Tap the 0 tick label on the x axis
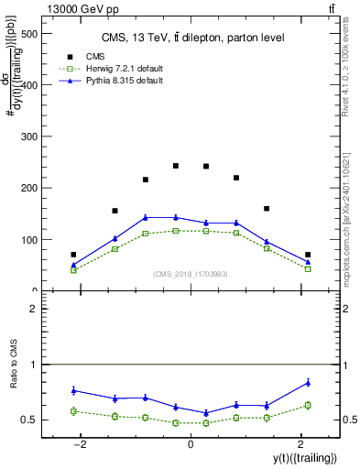click(x=190, y=443)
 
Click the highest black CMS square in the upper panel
click(x=176, y=166)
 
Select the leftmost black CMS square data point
click(x=73, y=255)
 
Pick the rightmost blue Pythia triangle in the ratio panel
click(x=308, y=382)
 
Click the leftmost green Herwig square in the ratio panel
click(x=73, y=410)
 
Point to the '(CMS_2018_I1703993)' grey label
click(x=191, y=274)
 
